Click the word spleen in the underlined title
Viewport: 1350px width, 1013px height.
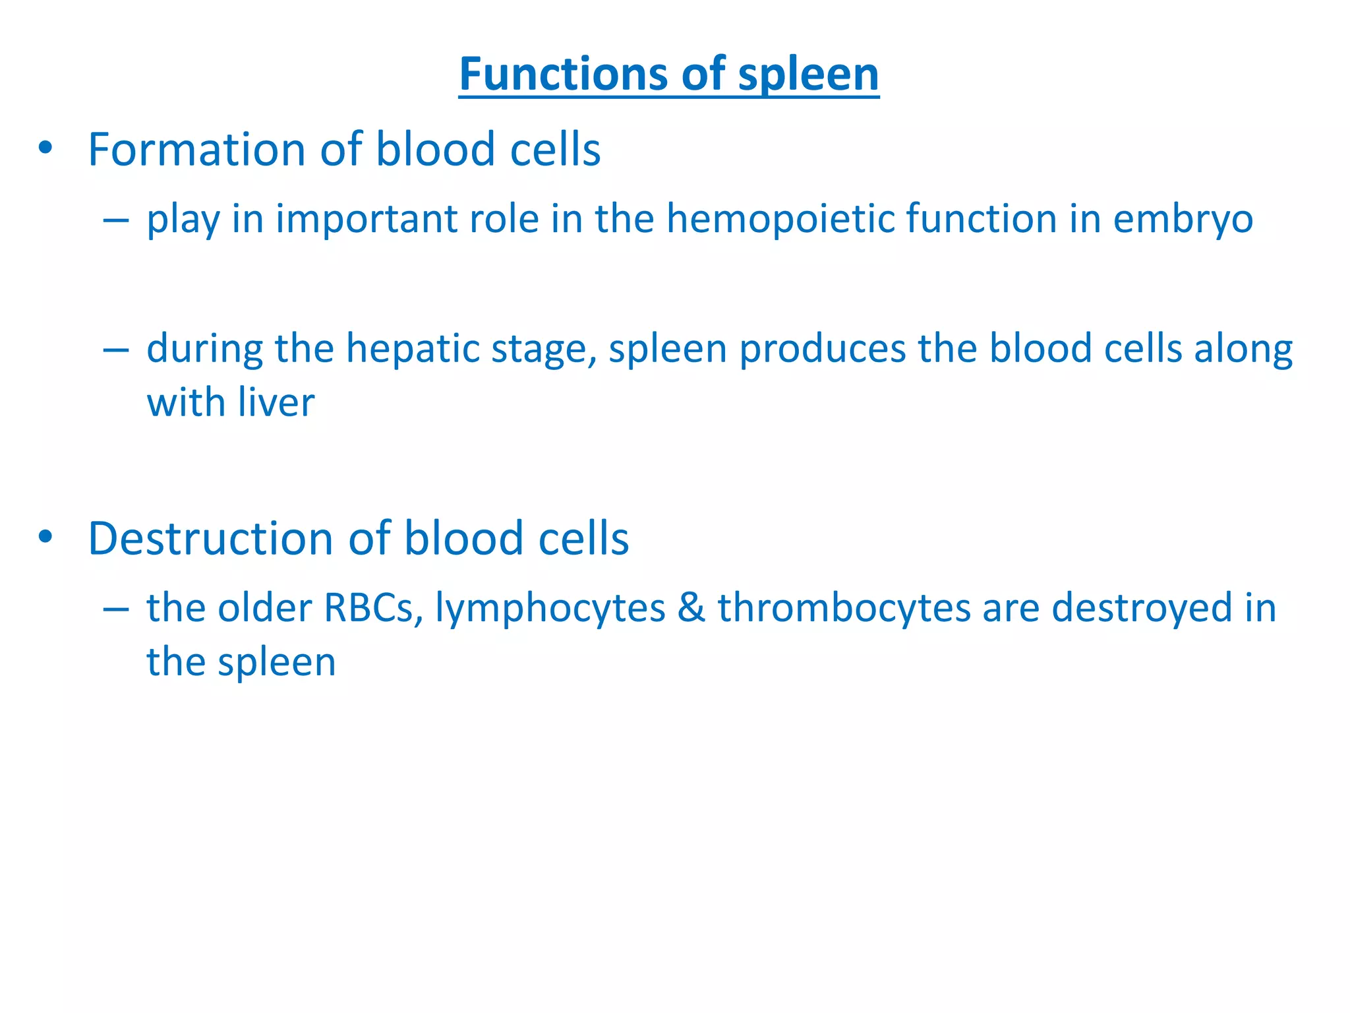coord(808,75)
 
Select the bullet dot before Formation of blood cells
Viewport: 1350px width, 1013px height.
coord(45,148)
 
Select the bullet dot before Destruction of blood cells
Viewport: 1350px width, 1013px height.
coord(45,537)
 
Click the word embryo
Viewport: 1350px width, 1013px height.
coord(1183,220)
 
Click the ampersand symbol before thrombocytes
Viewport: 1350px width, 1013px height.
coord(691,607)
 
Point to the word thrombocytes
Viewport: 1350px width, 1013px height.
coord(844,608)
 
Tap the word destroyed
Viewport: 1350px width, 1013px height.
coord(1142,608)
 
